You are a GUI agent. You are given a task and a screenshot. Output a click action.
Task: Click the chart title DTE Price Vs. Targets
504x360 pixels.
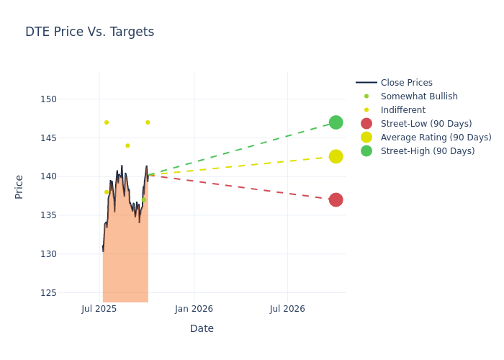pyautogui.click(x=89, y=32)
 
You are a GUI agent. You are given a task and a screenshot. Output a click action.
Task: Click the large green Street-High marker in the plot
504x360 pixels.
pyautogui.click(x=336, y=122)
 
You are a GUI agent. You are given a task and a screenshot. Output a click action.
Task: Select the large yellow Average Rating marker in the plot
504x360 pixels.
pyautogui.click(x=336, y=156)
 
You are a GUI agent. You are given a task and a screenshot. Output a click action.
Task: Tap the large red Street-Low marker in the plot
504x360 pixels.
pyautogui.click(x=336, y=199)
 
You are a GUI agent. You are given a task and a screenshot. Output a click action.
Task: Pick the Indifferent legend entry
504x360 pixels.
pyautogui.click(x=402, y=110)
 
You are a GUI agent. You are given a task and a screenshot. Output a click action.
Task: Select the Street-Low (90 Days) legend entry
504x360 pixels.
pyautogui.click(x=426, y=124)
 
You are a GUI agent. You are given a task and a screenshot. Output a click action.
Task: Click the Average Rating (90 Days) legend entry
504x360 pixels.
pyautogui.click(x=436, y=138)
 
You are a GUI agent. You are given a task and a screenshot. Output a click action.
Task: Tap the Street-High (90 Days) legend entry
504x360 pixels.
pyautogui.click(x=428, y=151)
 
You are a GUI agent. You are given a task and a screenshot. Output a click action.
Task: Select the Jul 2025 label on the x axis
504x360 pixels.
pyautogui.click(x=99, y=309)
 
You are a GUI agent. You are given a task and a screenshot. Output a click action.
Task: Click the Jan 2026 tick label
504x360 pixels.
pyautogui.click(x=194, y=309)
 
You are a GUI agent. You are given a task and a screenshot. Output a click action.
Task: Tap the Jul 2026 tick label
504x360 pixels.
pyautogui.click(x=287, y=309)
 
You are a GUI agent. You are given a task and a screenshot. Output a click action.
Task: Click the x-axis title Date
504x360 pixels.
pyautogui.click(x=202, y=328)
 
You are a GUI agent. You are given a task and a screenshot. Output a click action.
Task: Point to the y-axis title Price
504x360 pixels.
pyautogui.click(x=19, y=186)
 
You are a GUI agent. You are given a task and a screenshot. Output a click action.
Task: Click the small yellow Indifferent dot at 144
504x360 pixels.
pyautogui.click(x=127, y=145)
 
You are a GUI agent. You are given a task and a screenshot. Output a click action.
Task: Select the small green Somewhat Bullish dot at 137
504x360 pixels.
pyautogui.click(x=144, y=199)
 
